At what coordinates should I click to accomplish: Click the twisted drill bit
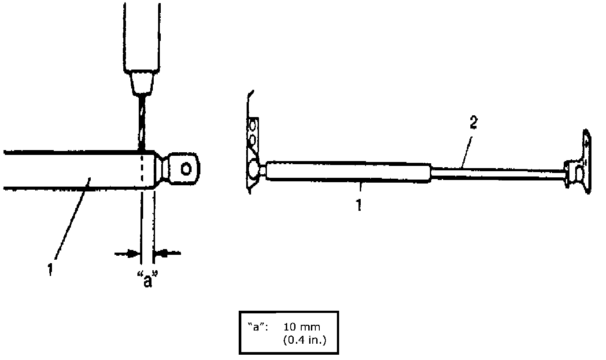coord(142,123)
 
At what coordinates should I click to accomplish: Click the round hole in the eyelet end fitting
coord(186,169)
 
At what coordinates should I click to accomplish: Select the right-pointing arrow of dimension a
coord(126,253)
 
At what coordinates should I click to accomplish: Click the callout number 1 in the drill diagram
coord(50,270)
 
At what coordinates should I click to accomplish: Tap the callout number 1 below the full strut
coord(359,205)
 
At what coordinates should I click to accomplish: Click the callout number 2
coord(473,123)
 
